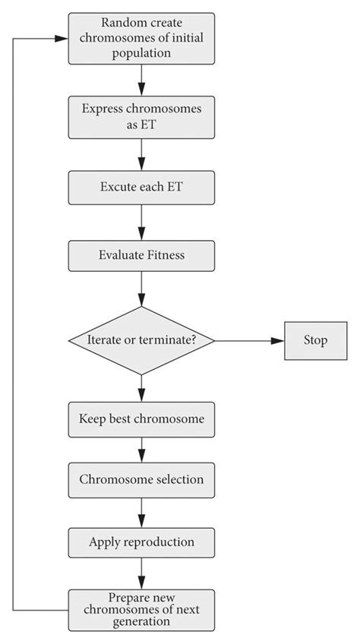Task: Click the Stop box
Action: click(316, 340)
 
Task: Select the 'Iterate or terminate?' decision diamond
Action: click(141, 340)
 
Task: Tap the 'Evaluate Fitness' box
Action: click(141, 255)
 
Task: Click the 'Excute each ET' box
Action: click(141, 187)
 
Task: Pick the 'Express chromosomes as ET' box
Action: click(141, 116)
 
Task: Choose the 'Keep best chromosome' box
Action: click(141, 418)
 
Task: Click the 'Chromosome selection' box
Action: click(141, 480)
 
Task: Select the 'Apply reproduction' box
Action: click(141, 542)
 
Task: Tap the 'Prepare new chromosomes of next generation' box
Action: click(141, 609)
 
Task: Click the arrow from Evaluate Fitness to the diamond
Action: click(141, 289)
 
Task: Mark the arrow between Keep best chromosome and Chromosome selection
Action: click(141, 450)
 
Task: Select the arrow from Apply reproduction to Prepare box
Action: click(141, 574)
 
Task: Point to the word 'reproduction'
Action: click(159, 542)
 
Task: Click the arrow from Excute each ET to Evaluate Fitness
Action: click(141, 222)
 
